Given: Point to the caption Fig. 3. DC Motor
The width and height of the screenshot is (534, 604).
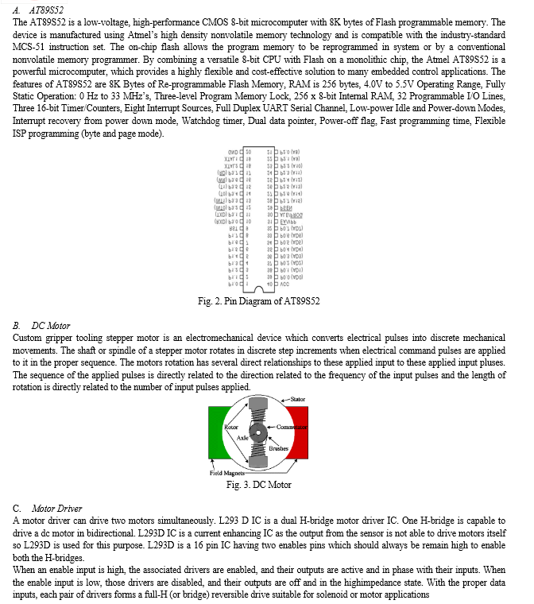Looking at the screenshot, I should point(258,484).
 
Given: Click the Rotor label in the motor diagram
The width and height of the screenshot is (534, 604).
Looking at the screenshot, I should point(231,428).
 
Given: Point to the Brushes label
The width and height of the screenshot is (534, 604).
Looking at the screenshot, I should point(278,449).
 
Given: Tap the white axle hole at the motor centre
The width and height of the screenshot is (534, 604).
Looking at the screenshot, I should point(257,434).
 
